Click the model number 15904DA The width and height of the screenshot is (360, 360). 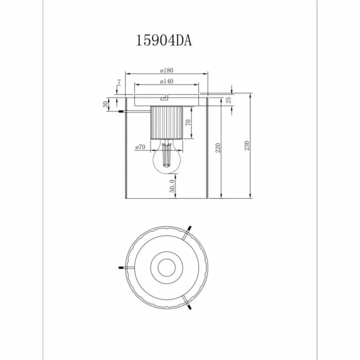[164, 41]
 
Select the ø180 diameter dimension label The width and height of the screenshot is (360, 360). [166, 70]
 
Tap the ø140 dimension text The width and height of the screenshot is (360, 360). [166, 81]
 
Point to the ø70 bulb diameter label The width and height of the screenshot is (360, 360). [139, 147]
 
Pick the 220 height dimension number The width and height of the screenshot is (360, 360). [218, 147]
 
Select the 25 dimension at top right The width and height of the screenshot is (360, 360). [228, 99]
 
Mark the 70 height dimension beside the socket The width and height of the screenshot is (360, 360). [188, 122]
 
